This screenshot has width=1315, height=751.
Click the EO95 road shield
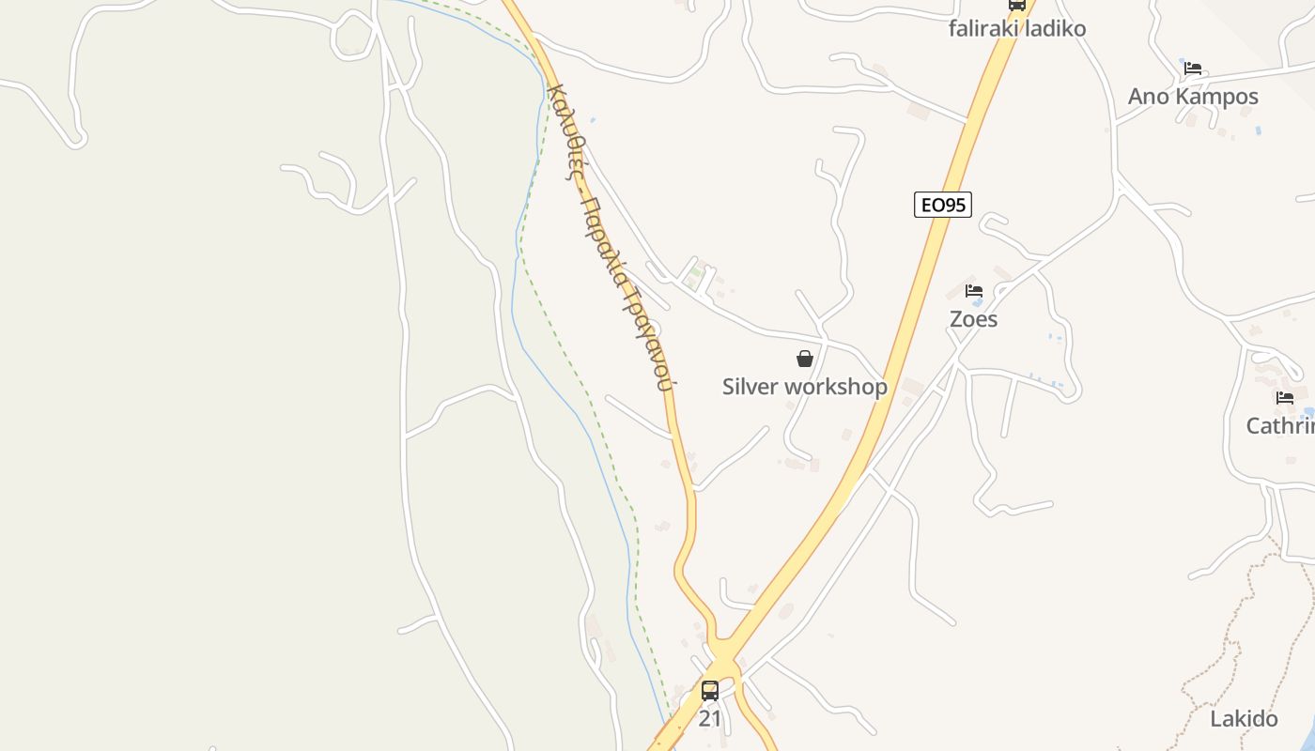click(943, 205)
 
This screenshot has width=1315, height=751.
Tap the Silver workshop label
click(804, 387)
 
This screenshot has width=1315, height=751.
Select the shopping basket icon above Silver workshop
click(805, 359)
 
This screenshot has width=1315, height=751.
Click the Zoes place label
click(973, 319)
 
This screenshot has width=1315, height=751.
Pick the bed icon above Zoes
click(974, 291)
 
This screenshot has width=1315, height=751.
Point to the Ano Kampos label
click(1193, 97)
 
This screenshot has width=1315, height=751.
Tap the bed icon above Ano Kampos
click(1193, 69)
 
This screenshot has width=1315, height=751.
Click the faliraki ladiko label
click(1017, 28)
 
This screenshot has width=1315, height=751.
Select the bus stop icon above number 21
click(710, 691)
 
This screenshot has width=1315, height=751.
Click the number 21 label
click(710, 719)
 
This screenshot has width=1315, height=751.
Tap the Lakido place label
click(1244, 719)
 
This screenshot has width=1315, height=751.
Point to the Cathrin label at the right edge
click(1279, 426)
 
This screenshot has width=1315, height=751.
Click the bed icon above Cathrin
click(1285, 398)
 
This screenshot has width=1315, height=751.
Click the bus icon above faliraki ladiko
click(1017, 5)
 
